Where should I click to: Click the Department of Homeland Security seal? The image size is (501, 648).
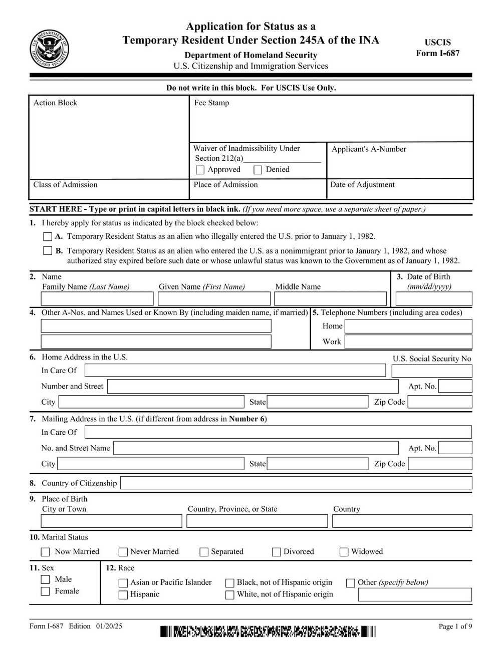click(49, 49)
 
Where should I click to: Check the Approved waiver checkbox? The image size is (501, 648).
click(200, 170)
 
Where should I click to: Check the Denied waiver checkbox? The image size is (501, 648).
click(258, 170)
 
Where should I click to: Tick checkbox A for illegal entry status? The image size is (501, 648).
click(48, 236)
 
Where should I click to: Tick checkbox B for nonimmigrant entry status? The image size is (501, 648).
click(48, 251)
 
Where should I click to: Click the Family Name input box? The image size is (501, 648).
click(97, 299)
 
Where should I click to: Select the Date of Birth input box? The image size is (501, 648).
click(433, 299)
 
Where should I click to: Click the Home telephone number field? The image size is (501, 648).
click(408, 327)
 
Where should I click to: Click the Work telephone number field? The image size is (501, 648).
click(408, 342)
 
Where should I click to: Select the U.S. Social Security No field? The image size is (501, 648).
click(431, 371)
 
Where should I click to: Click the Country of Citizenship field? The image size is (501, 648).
click(296, 483)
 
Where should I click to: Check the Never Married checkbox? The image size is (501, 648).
click(123, 552)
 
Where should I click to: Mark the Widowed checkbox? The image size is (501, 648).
click(344, 552)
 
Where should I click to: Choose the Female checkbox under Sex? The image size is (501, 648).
click(46, 591)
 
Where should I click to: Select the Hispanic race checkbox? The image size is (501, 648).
click(123, 595)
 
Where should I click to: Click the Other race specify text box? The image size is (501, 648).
click(415, 595)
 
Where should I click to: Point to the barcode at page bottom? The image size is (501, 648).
click(268, 631)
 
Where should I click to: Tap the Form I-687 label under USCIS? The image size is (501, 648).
click(437, 54)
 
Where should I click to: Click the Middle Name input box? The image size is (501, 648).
click(330, 299)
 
